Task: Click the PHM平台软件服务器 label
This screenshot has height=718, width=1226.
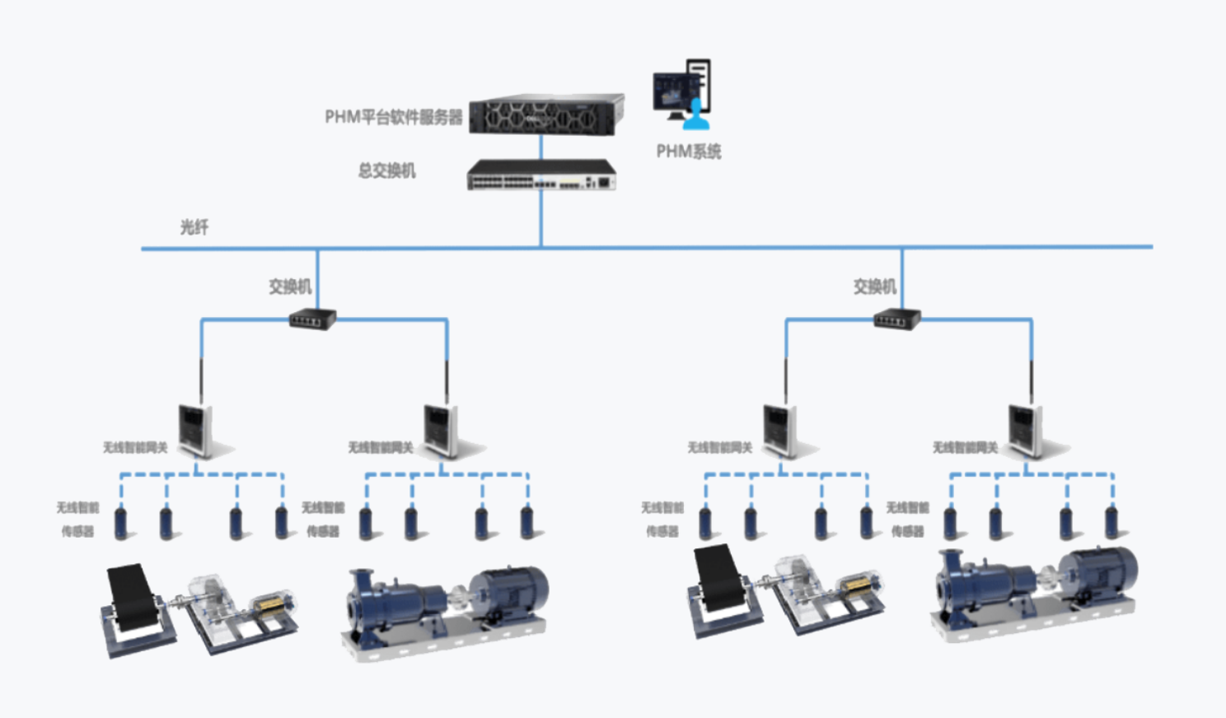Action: point(393,117)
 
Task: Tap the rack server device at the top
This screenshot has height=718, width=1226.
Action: point(545,115)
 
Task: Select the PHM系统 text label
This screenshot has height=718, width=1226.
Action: point(688,152)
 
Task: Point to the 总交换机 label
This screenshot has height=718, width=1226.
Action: point(386,170)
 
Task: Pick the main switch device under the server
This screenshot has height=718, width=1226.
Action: point(541,175)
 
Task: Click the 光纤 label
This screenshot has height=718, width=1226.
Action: point(194,227)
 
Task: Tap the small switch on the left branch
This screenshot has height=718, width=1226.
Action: point(313,318)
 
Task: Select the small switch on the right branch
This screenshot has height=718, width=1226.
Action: point(897,318)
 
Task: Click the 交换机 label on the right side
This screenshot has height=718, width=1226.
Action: point(874,287)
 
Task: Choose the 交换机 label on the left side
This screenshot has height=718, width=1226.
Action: point(290,287)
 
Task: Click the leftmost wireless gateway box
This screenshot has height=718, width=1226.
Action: point(197,429)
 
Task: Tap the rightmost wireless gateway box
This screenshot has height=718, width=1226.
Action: point(1027,429)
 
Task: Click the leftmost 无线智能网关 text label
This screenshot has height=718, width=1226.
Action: point(135,448)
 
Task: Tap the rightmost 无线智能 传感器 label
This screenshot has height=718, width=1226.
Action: point(907,520)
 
